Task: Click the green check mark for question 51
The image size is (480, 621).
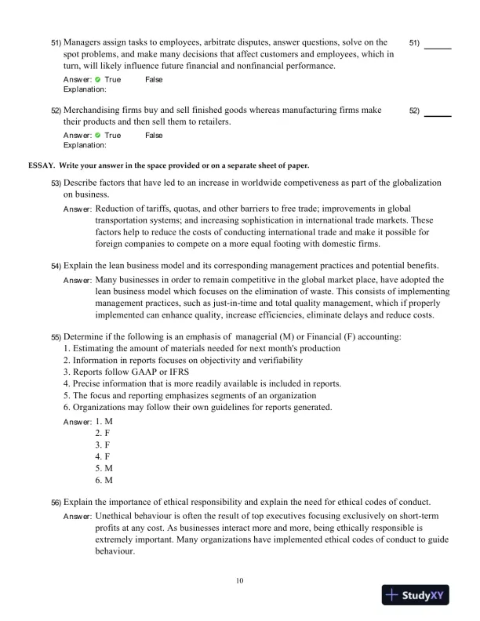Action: [x=97, y=80]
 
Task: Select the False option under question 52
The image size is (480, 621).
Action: [x=154, y=136]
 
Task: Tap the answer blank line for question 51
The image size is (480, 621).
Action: [x=437, y=48]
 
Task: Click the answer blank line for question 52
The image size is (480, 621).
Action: [x=437, y=116]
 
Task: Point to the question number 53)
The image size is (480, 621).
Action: [x=56, y=183]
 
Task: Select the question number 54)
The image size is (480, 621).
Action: [x=56, y=267]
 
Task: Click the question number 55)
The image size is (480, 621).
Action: [x=56, y=337]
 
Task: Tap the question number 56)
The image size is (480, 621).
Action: [x=56, y=502]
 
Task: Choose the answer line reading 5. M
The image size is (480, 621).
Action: [x=104, y=468]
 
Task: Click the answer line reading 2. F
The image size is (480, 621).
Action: [x=103, y=433]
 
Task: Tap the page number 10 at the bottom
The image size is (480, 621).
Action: [x=240, y=581]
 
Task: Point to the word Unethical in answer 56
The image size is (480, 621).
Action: [x=115, y=517]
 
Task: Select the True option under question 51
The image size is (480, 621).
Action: [x=112, y=80]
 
